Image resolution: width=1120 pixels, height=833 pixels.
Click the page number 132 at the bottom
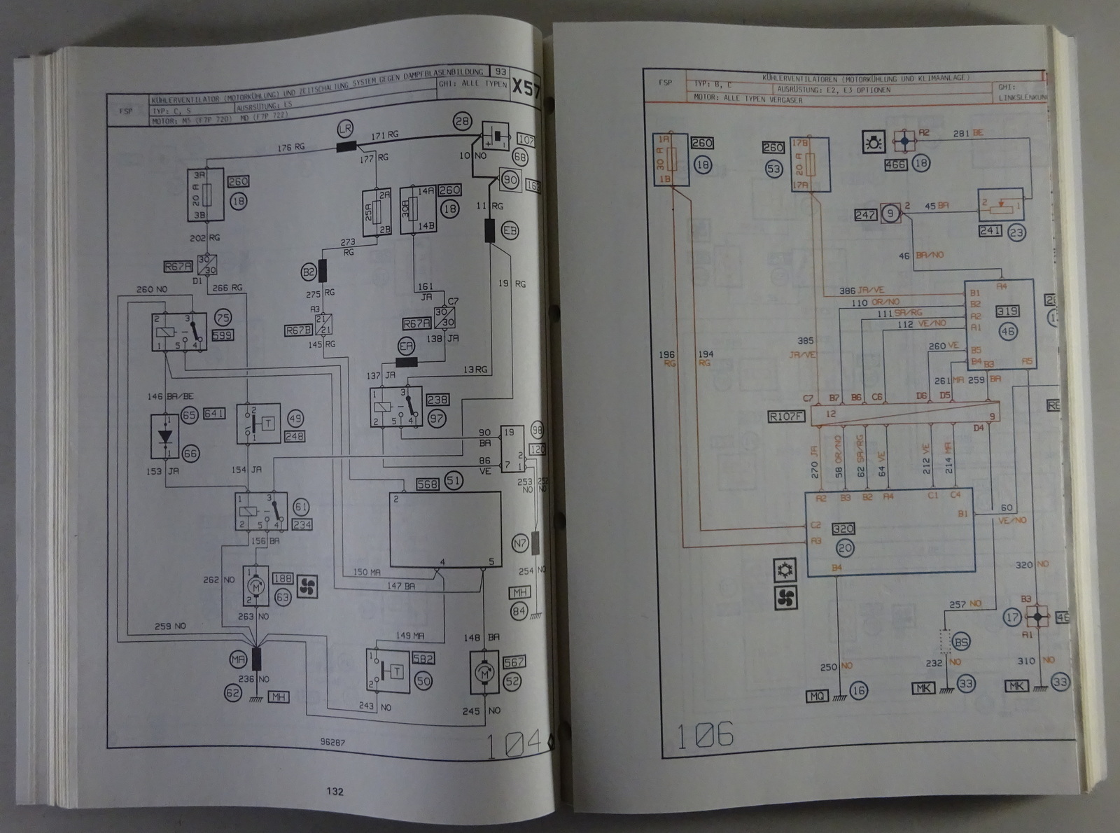[335, 792]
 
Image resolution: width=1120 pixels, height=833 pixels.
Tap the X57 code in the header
[526, 88]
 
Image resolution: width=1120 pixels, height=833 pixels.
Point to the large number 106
[705, 735]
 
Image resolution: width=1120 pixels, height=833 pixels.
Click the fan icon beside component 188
[306, 588]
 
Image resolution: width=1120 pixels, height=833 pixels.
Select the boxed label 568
[426, 484]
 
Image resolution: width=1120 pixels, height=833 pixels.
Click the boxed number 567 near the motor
[514, 661]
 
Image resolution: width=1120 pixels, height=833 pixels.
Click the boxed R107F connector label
[786, 418]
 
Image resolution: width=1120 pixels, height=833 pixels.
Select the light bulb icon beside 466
[875, 143]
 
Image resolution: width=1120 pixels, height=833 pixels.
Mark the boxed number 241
[990, 231]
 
